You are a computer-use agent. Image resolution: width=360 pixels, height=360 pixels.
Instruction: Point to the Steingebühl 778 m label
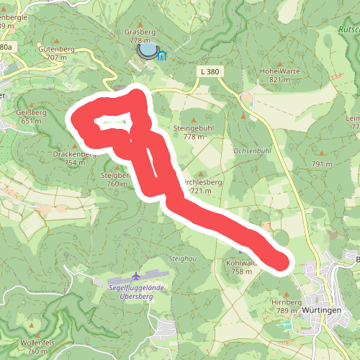pyautogui.click(x=194, y=131)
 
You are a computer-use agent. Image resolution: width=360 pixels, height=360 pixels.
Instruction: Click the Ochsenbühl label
pyautogui.click(x=252, y=150)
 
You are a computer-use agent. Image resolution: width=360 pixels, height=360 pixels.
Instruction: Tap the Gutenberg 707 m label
pyautogui.click(x=60, y=53)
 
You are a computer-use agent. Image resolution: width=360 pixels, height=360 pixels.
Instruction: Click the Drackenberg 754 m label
pyautogui.click(x=75, y=158)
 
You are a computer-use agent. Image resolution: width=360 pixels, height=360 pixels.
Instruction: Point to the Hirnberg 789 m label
pyautogui.click(x=286, y=307)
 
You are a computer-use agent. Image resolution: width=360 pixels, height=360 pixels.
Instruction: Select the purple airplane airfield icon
pyautogui.click(x=137, y=276)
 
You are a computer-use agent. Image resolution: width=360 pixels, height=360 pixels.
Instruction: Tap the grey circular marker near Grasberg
pyautogui.click(x=147, y=50)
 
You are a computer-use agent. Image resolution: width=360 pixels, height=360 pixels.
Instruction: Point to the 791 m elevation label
pyautogui.click(x=322, y=164)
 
